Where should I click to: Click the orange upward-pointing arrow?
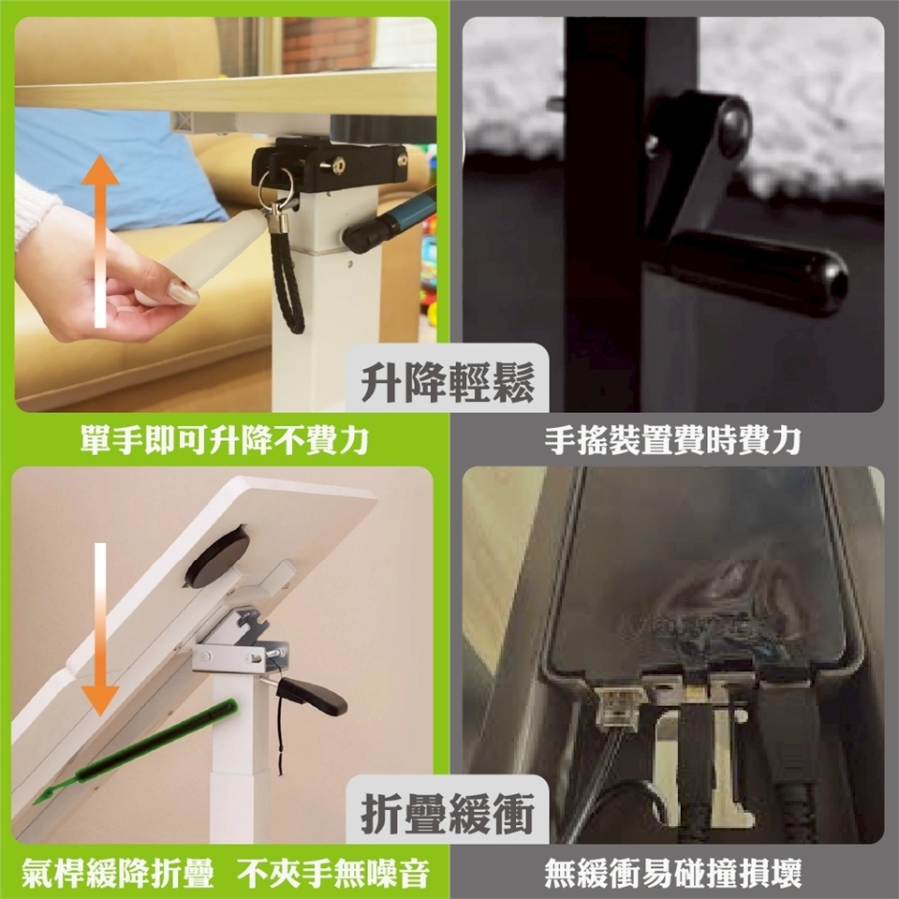pyautogui.click(x=100, y=241)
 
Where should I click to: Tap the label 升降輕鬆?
pyautogui.click(x=448, y=382)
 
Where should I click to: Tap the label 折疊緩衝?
pyautogui.click(x=448, y=814)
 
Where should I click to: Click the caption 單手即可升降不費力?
pyautogui.click(x=224, y=440)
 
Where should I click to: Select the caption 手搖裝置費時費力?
pyautogui.click(x=672, y=440)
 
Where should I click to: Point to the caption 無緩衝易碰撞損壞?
pyautogui.click(x=672, y=873)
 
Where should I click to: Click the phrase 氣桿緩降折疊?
pyautogui.click(x=118, y=873)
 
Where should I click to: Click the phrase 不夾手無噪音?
pyautogui.click(x=333, y=873)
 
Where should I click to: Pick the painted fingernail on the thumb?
pyautogui.click(x=183, y=292)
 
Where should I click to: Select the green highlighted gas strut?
pyautogui.click(x=135, y=751)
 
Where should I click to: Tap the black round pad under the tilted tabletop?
pyautogui.click(x=217, y=557)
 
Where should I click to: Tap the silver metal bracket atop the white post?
pyautogui.click(x=241, y=645)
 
